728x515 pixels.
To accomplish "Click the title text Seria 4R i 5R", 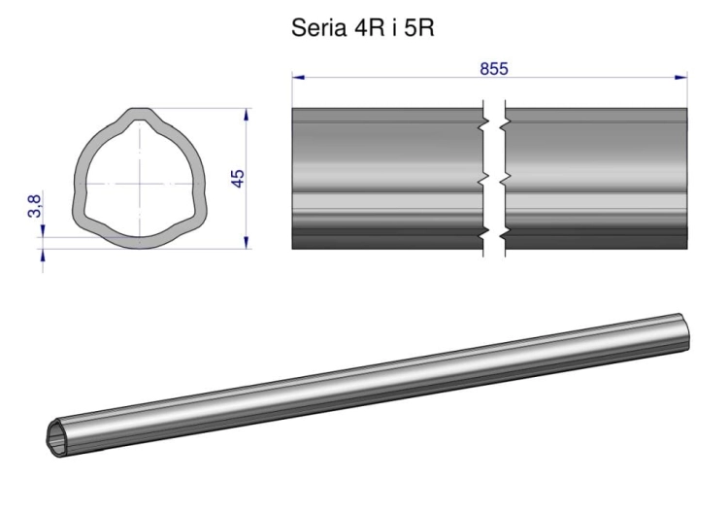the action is pyautogui.click(x=363, y=28).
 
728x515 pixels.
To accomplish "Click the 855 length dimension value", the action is pyautogui.click(x=494, y=69).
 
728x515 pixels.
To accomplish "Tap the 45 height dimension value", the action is pyautogui.click(x=237, y=179).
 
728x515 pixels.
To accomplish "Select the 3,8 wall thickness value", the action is pyautogui.click(x=35, y=206).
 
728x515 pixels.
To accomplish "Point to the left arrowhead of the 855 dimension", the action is pyautogui.click(x=298, y=77).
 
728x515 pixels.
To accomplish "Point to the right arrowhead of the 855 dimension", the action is pyautogui.click(x=681, y=77).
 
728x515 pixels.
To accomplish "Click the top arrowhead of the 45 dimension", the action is pyautogui.click(x=247, y=115).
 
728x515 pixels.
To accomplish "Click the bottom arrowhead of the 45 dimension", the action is pyautogui.click(x=247, y=242).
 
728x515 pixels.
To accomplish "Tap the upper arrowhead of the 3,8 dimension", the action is pyautogui.click(x=43, y=231).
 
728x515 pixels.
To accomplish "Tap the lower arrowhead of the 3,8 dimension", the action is pyautogui.click(x=43, y=255).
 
